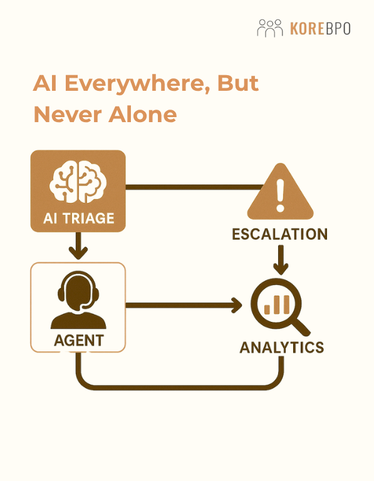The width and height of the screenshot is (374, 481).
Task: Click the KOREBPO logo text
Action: point(320,29)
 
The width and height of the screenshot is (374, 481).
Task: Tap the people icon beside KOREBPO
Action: point(269,28)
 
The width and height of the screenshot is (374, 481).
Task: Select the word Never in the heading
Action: point(68,115)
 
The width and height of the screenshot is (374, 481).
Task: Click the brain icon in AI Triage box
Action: point(78,182)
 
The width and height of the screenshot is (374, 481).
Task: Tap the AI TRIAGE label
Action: point(78,219)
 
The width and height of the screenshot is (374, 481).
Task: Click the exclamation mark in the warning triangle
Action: point(280,195)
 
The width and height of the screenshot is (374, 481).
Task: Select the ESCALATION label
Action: point(280,234)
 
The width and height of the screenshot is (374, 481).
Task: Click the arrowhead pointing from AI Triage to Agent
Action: point(78,252)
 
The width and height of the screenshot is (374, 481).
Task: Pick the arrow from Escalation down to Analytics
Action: point(281,259)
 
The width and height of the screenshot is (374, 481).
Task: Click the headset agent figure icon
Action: point(78,300)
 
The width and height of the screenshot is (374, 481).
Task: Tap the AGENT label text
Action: point(79,341)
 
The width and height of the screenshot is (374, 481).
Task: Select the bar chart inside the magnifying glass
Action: point(277,305)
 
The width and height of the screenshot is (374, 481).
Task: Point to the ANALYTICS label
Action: point(282,348)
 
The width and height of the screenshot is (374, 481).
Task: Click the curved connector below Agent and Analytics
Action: point(180,387)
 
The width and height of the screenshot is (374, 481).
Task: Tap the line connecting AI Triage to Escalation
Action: point(194,187)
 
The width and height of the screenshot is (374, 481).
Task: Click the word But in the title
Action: point(238,83)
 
